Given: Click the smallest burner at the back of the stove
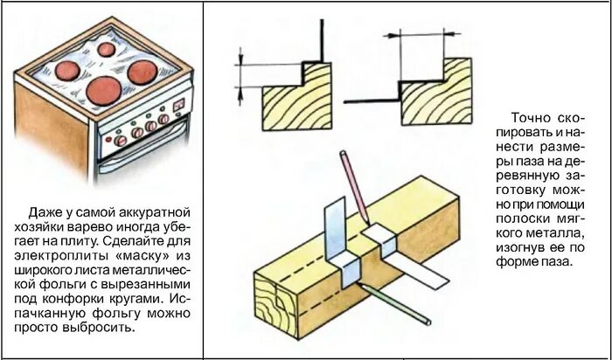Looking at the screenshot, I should pos(107,50).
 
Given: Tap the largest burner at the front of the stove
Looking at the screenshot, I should pos(103,89).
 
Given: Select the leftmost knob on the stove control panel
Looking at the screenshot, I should pos(121,139).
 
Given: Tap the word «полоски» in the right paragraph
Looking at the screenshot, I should pos(523,219).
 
